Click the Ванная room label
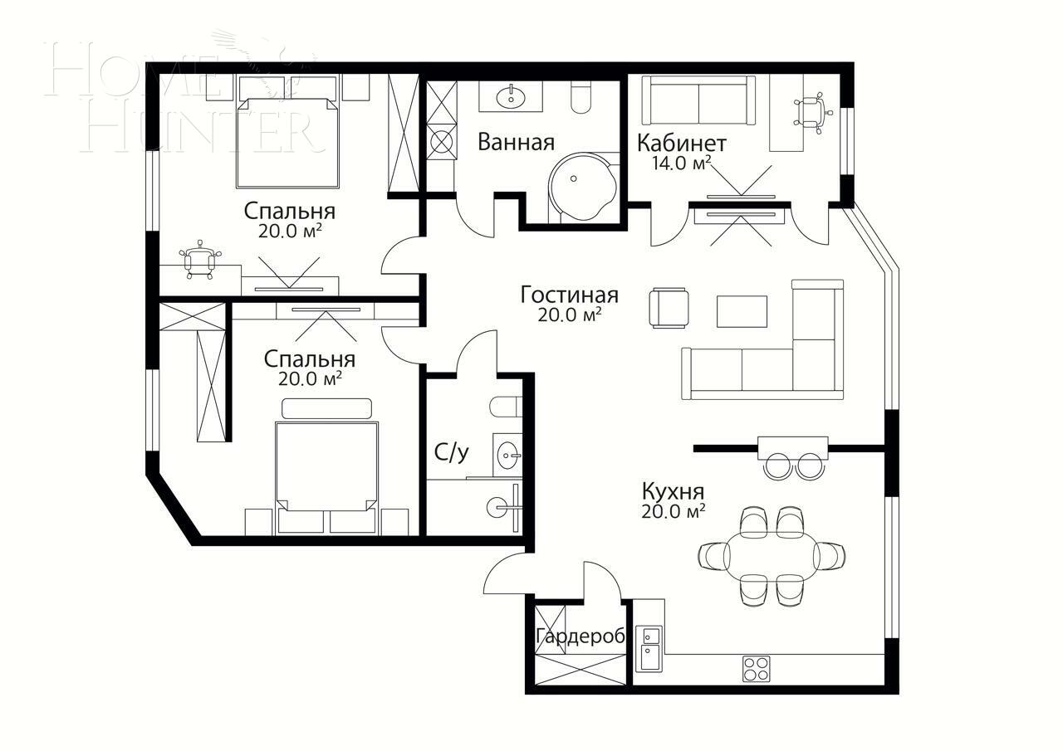click(515, 142)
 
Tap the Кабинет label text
click(681, 144)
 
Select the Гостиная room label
click(569, 295)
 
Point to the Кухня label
click(673, 490)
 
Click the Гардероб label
click(580, 636)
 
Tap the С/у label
click(452, 452)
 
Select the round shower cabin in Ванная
click(582, 187)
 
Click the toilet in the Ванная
click(580, 98)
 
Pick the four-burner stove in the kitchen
click(756, 669)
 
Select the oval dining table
click(772, 553)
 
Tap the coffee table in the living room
click(742, 311)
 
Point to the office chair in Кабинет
click(812, 111)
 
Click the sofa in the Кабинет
click(698, 100)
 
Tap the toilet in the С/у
click(506, 407)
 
